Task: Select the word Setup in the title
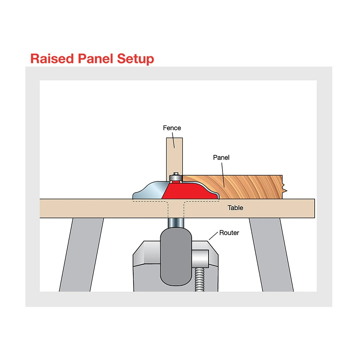135,59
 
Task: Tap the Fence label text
172,128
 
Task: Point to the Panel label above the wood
221,157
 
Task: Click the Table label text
235,208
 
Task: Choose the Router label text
229,233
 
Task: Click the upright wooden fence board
174,155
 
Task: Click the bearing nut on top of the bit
175,177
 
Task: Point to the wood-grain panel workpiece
246,186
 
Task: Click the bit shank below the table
175,223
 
